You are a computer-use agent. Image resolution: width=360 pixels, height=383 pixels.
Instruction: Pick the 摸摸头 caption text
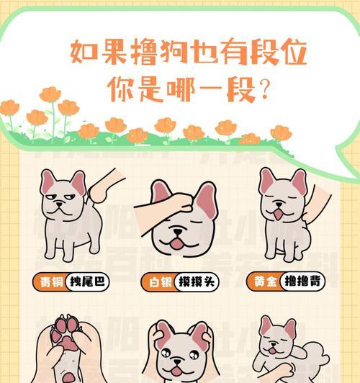pos(196,281)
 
